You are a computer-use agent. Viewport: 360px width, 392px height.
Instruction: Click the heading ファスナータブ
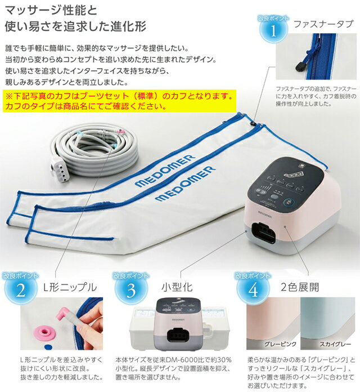(323, 24)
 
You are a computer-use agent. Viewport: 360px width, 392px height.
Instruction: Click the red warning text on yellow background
(118, 101)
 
